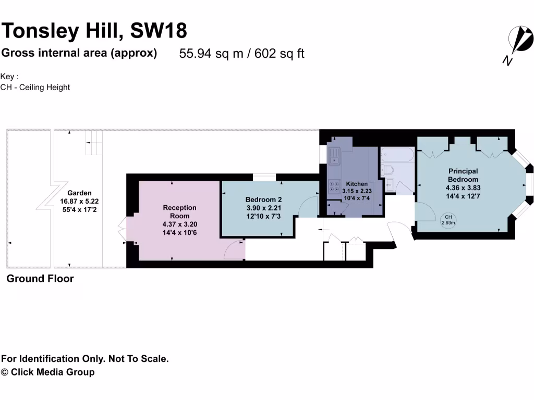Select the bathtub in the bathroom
397,154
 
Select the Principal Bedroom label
463,175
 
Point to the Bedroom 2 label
263,199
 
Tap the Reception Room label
179,211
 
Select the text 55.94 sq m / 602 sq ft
241,54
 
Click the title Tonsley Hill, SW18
94,31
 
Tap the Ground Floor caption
40,279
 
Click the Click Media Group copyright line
48,372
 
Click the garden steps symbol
94,144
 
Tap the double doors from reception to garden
123,230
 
